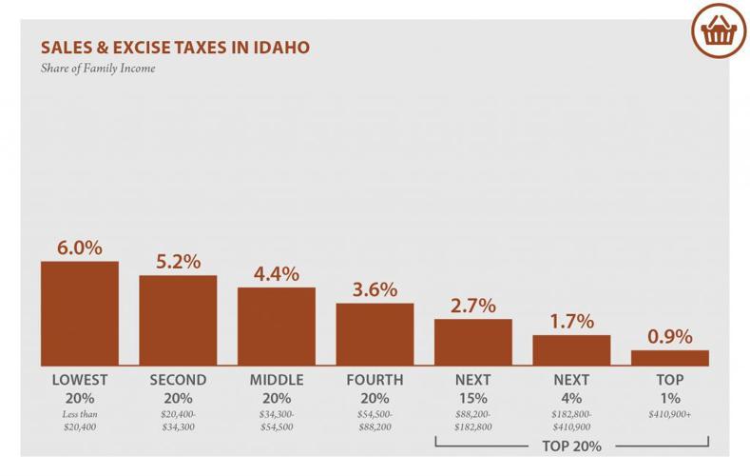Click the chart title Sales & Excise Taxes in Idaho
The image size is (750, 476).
(x=174, y=47)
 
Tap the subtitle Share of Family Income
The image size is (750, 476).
(x=99, y=68)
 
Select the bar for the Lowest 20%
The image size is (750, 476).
(x=80, y=314)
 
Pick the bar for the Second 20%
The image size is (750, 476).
(x=178, y=321)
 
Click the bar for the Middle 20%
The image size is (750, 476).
(x=277, y=327)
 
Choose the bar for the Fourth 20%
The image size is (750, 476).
(x=375, y=335)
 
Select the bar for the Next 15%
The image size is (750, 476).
(x=473, y=343)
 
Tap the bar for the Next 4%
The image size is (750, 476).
(x=571, y=350)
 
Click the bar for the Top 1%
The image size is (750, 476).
(x=670, y=358)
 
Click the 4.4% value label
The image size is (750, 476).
(x=277, y=274)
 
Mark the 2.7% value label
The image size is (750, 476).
(x=473, y=306)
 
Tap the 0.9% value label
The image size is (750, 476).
(x=670, y=337)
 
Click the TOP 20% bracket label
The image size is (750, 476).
(x=572, y=446)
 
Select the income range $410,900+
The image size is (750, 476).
(x=670, y=414)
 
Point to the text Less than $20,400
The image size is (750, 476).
(x=80, y=420)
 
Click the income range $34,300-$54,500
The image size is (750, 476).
(x=277, y=420)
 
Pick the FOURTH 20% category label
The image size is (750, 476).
(x=375, y=388)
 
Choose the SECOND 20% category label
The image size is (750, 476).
(x=178, y=388)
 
